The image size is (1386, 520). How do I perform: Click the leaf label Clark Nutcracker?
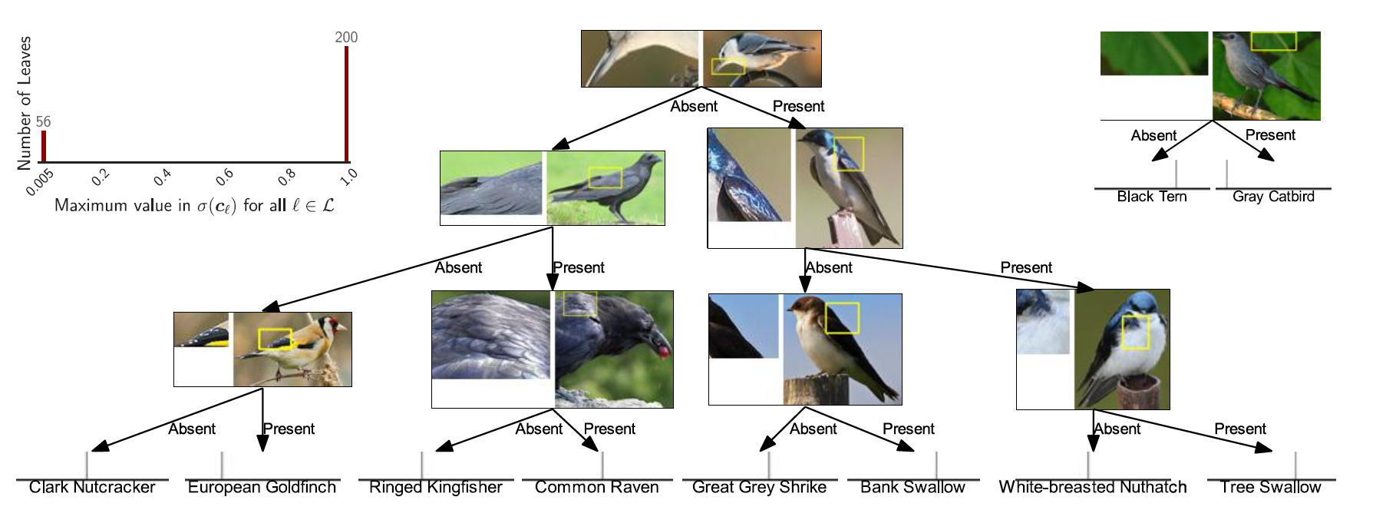point(92,488)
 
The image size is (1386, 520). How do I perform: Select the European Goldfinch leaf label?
point(262,488)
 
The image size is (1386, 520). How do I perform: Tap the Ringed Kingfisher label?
point(435,488)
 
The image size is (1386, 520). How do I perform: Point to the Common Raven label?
point(596,488)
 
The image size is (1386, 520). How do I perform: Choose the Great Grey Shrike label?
point(759,488)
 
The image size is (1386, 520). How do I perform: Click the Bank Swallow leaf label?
point(912,488)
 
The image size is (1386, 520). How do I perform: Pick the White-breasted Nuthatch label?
point(1092,488)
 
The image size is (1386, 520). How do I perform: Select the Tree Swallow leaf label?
point(1270,488)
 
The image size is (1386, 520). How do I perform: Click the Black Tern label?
point(1151,197)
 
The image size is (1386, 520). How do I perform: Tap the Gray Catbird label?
point(1273,197)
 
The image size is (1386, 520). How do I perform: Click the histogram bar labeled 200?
point(346,104)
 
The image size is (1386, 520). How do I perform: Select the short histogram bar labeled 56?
point(44,146)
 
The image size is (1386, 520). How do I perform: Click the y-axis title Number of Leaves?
point(24,102)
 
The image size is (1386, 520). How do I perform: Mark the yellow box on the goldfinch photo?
point(275,339)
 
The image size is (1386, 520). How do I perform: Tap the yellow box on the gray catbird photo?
point(1273,41)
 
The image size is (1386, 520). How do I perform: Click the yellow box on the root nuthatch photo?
point(728,66)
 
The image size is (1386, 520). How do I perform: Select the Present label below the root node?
point(798,107)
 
